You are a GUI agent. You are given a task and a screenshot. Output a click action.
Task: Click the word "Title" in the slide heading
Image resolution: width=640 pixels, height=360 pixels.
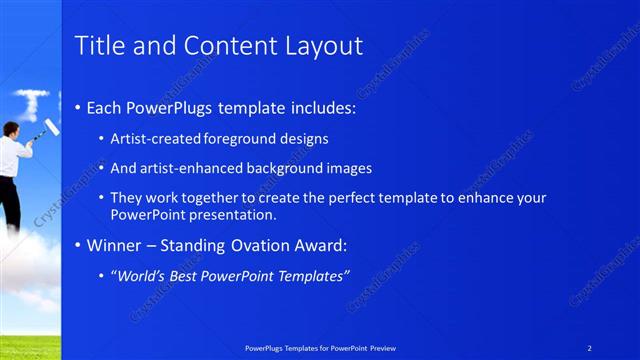(x=99, y=46)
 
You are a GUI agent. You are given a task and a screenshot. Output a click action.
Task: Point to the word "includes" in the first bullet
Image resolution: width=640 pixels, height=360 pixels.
(x=319, y=107)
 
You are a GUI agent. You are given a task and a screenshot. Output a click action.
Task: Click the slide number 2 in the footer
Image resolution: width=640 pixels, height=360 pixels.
(x=590, y=348)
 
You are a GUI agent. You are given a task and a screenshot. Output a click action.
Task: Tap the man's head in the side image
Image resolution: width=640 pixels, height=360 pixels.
(x=9, y=128)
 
